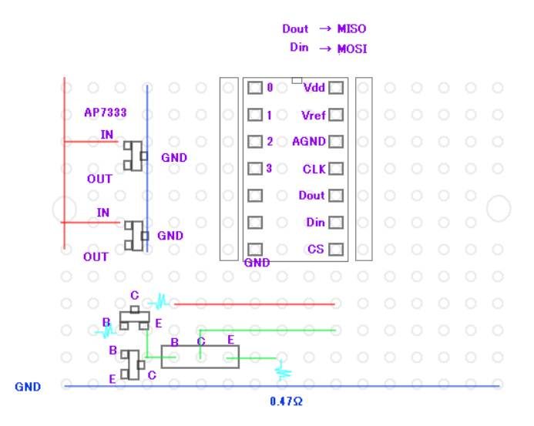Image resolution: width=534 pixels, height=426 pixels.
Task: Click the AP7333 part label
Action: [106, 112]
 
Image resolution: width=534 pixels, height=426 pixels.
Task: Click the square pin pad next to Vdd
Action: [335, 88]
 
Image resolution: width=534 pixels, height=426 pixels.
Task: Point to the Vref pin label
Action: [313, 116]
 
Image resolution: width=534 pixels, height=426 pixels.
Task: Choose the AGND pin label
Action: [310, 142]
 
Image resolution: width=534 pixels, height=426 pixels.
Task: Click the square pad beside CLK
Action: [335, 169]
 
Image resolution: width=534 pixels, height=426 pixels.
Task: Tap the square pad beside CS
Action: [335, 250]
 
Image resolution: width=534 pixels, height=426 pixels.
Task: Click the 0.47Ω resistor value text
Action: [286, 402]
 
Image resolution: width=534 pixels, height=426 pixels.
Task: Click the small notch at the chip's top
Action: [297, 80]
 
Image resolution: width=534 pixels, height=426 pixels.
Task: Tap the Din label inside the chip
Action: [315, 223]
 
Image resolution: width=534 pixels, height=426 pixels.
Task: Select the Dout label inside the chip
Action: [311, 196]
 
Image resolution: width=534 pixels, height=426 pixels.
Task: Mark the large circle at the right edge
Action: [499, 208]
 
